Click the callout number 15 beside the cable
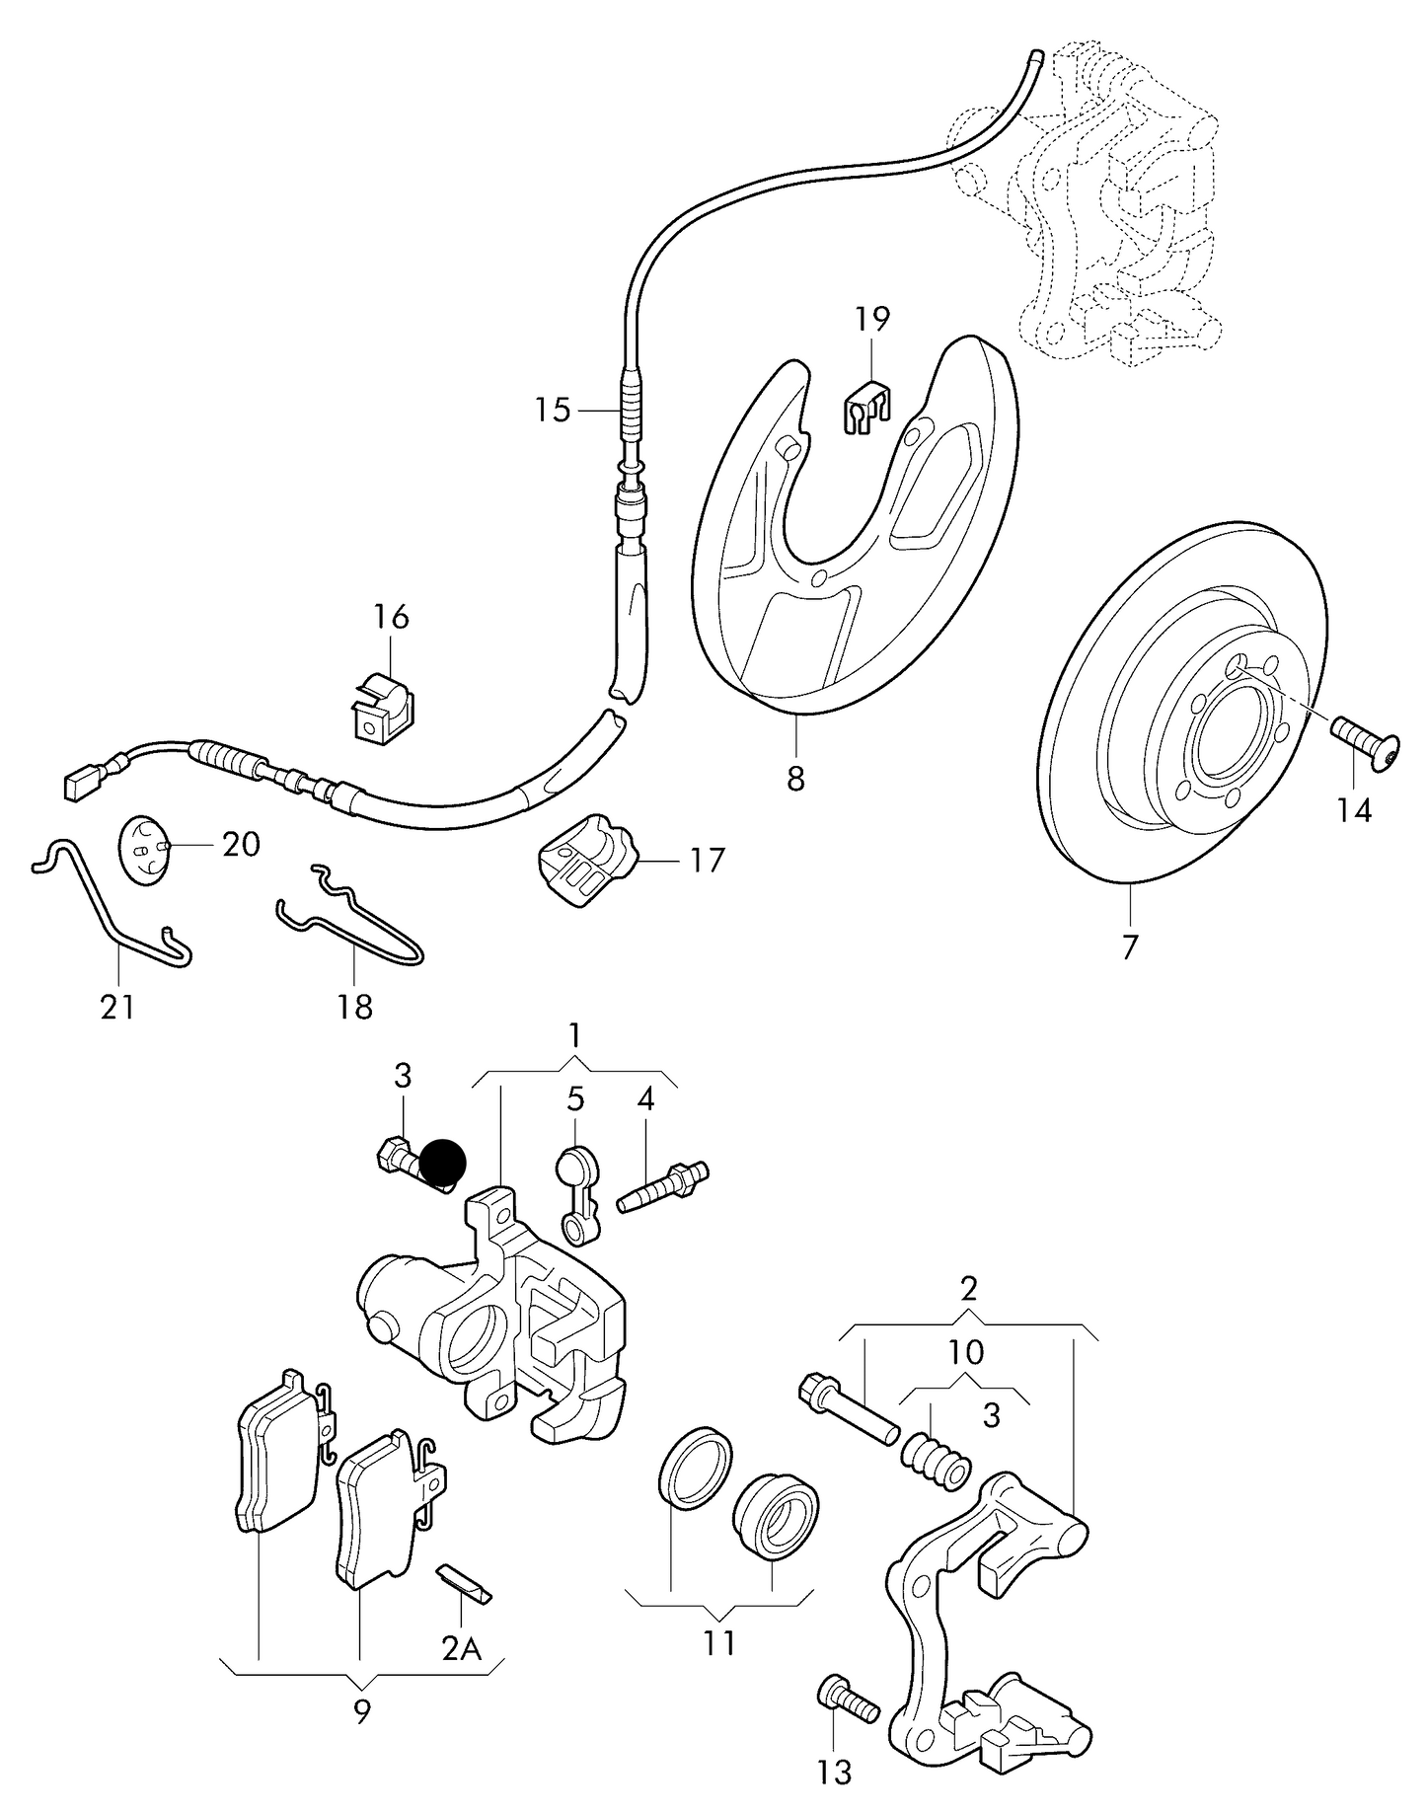tap(554, 410)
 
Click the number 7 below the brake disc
tap(1130, 947)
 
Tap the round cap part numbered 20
tap(145, 848)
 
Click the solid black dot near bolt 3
tap(441, 1162)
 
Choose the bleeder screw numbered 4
tap(663, 1186)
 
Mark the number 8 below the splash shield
tap(795, 779)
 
